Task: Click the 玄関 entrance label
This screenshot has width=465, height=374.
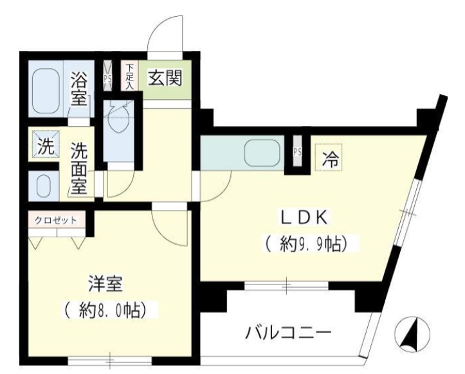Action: [165, 78]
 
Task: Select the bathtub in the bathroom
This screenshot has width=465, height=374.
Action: [47, 89]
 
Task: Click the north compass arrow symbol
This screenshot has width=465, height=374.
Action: [413, 332]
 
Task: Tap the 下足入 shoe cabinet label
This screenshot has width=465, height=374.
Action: [130, 76]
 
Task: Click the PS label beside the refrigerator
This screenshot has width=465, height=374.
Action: [297, 153]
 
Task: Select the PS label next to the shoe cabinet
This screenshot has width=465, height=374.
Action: [108, 77]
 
